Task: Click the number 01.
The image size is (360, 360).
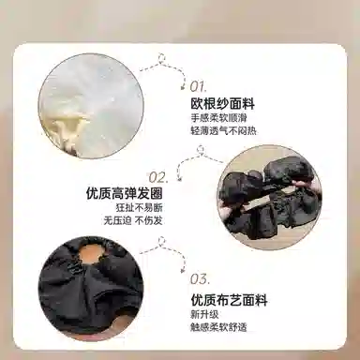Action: (x=201, y=86)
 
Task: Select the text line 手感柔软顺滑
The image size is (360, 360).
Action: (x=217, y=120)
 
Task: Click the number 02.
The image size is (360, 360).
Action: (x=157, y=176)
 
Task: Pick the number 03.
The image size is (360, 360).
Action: (x=200, y=279)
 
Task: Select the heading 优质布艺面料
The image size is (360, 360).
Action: (x=229, y=300)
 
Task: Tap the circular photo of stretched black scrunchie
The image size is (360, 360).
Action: (x=262, y=197)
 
